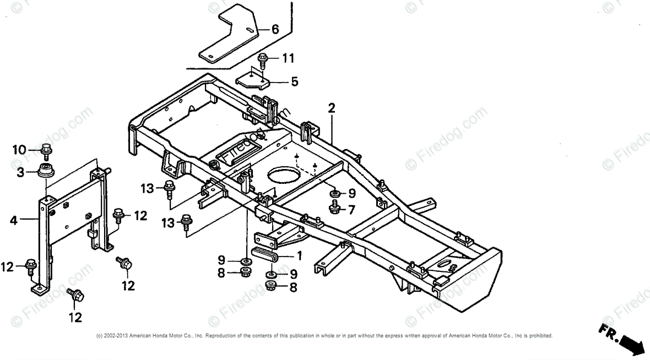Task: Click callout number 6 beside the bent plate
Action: click(x=275, y=29)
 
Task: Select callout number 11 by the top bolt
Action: click(x=289, y=58)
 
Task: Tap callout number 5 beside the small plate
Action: click(x=295, y=82)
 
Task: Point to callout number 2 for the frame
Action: click(x=331, y=108)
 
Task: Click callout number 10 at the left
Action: click(x=20, y=149)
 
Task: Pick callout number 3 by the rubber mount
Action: click(x=20, y=172)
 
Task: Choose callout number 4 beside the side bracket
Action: click(x=14, y=221)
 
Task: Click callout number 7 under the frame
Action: click(x=351, y=209)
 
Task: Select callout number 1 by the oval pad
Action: click(x=300, y=255)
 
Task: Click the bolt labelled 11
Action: click(x=263, y=58)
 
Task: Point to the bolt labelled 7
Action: click(x=334, y=208)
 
